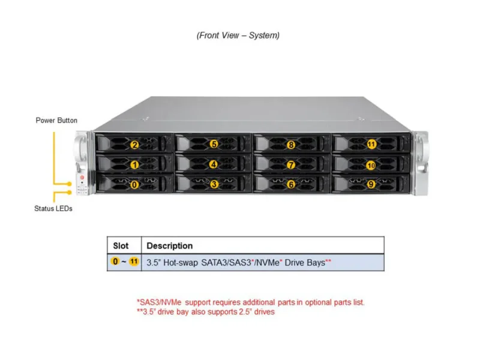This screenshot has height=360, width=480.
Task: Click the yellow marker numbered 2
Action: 134,145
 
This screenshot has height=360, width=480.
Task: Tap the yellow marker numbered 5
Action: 214,145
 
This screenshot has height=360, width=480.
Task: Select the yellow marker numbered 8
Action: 291,145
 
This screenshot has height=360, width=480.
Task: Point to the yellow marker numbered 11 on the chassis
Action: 371,145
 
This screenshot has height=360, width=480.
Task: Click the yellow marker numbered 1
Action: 134,164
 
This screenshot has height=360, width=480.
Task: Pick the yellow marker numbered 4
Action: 214,164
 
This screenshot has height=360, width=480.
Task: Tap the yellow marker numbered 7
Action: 291,164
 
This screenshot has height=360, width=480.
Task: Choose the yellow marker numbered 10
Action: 371,164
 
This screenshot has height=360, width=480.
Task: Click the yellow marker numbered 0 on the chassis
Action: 134,185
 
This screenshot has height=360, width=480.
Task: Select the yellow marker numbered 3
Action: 214,185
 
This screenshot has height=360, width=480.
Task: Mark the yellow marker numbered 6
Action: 291,185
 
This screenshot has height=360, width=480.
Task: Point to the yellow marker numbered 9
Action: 371,185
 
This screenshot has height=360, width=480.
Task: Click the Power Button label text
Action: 56,121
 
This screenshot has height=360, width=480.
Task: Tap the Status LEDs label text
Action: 53,209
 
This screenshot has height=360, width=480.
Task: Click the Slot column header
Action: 121,246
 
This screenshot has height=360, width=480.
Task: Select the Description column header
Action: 170,246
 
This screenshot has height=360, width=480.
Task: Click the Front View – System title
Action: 238,35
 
